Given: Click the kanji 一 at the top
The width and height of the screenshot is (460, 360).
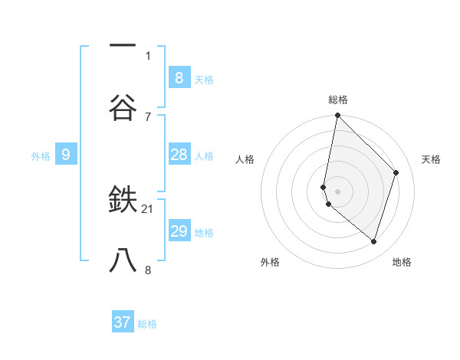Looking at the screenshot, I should (x=123, y=47).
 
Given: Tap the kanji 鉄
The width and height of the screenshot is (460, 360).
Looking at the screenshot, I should (x=123, y=201).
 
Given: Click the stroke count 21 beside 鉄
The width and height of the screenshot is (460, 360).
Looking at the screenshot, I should (x=148, y=208).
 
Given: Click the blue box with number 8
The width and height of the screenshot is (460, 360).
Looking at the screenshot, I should (x=179, y=77).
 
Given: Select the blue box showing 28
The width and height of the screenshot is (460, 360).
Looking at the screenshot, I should (x=179, y=155).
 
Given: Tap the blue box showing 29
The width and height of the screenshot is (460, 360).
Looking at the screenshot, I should (x=179, y=231).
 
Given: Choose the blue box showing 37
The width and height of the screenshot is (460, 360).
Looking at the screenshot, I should (x=123, y=322).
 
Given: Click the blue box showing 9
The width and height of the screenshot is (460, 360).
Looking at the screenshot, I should (x=66, y=155).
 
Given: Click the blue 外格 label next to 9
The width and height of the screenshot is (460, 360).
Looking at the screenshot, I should (x=41, y=155).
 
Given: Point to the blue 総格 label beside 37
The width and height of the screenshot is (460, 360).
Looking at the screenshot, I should (x=147, y=324).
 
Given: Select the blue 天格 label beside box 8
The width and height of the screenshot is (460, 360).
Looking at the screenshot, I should (x=204, y=79).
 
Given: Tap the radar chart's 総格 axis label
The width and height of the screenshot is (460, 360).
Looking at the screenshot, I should (x=337, y=100).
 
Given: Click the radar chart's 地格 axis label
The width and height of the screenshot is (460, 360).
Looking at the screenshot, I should (x=402, y=262).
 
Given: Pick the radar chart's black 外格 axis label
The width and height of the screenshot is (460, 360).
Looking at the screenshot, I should (x=270, y=262).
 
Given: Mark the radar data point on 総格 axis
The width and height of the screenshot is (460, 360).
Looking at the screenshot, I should (x=337, y=116).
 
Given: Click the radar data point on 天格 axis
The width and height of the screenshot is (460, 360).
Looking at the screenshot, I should (x=396, y=172).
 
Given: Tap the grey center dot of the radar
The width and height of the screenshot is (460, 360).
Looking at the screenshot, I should (x=337, y=191).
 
